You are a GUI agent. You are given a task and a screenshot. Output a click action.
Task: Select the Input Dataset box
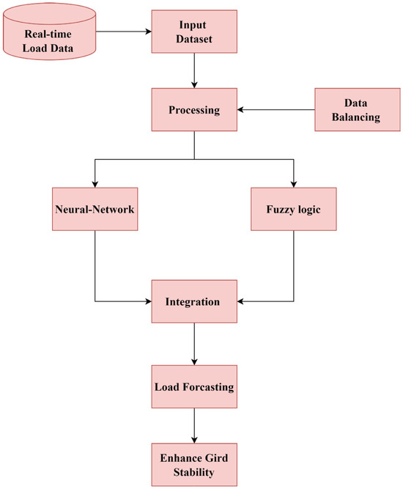click(194, 32)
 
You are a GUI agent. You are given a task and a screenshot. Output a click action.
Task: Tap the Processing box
click(194, 110)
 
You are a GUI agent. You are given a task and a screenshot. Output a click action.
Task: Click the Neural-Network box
click(95, 210)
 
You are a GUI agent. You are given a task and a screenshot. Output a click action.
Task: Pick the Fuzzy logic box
click(294, 210)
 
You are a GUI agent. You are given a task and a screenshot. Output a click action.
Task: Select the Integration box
click(194, 301)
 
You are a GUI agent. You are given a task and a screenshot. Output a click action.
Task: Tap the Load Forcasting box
click(194, 386)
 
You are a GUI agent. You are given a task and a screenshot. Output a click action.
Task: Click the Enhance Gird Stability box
click(194, 465)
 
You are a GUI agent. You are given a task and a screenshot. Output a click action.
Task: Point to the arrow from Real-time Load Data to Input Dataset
click(122, 32)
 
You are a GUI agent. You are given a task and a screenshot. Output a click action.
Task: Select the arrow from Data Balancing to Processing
click(276, 110)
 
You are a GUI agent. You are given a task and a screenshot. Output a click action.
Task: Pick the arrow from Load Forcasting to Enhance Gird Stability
click(194, 425)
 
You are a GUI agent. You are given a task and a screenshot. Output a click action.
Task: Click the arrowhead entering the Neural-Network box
click(95, 183)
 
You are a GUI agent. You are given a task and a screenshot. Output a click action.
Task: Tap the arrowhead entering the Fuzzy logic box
click(294, 183)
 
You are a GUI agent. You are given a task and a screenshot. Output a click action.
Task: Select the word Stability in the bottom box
click(194, 473)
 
